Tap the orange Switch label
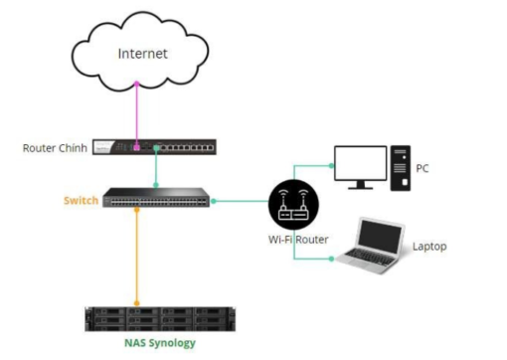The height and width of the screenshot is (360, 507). tap(81, 200)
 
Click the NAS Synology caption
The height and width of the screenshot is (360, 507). tap(160, 343)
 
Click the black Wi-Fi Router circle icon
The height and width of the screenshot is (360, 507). tap(293, 203)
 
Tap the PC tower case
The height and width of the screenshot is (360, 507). tap(400, 167)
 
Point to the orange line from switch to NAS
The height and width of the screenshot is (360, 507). tap(137, 259)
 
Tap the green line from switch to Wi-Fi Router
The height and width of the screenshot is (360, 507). tap(244, 201)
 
